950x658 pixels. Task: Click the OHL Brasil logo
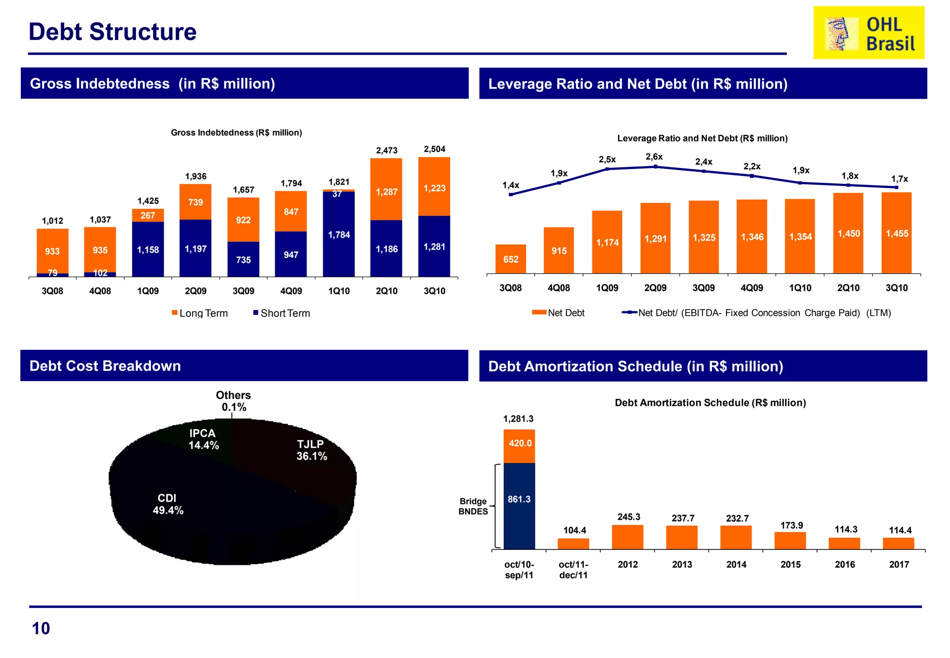(x=868, y=32)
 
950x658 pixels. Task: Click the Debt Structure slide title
(x=112, y=32)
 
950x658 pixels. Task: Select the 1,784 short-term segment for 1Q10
(x=339, y=235)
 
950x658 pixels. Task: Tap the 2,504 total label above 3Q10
(x=434, y=149)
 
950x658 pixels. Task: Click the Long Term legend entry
(x=200, y=313)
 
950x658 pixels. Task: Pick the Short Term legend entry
(x=282, y=313)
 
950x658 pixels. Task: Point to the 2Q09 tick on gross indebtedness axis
(x=195, y=291)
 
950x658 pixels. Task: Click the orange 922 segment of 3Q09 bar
(x=243, y=220)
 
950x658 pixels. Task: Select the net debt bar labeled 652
(x=510, y=259)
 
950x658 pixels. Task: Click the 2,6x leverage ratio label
(x=654, y=157)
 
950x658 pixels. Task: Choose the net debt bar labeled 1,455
(x=896, y=233)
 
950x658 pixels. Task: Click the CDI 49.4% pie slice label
(x=167, y=504)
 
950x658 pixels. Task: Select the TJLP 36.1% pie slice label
(x=312, y=450)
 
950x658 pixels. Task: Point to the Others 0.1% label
(x=233, y=401)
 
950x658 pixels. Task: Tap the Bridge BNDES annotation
(x=473, y=506)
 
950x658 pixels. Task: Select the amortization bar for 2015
(x=790, y=541)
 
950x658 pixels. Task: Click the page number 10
(x=41, y=628)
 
